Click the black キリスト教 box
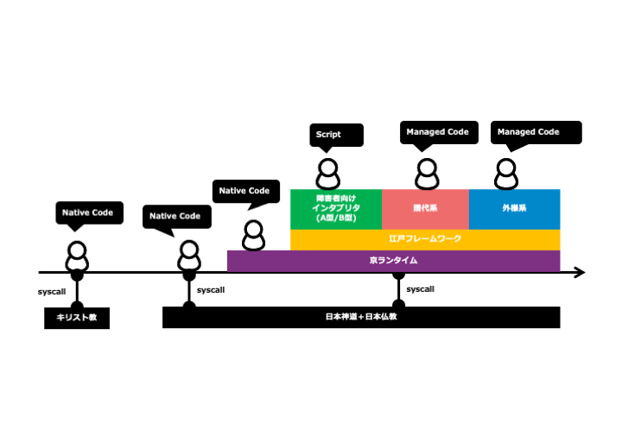[77, 319]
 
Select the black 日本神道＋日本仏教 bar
[361, 317]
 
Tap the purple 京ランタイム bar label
[393, 261]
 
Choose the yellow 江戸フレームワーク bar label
[425, 239]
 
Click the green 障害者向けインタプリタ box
[336, 209]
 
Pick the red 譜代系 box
[425, 209]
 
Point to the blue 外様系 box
[514, 209]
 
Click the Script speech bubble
[336, 135]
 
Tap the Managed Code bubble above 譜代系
[438, 132]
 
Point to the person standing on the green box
[327, 174]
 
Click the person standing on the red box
[426, 174]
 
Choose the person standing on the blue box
[506, 174]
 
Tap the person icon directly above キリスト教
[78, 256]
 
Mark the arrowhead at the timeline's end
[580, 273]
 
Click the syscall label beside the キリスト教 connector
[52, 292]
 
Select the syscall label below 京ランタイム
[421, 289]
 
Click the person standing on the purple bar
[253, 236]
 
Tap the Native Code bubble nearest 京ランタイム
[245, 192]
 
